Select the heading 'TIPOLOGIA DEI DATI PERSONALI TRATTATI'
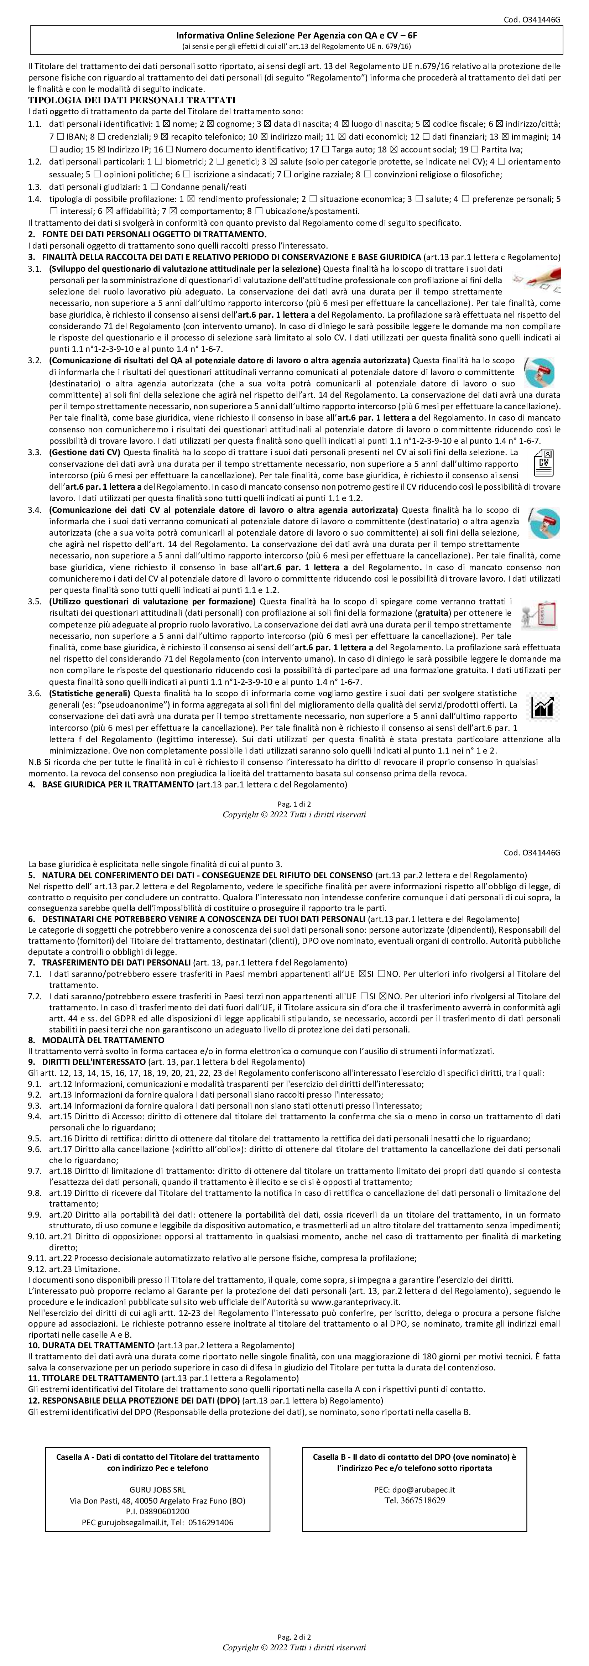(132, 100)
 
